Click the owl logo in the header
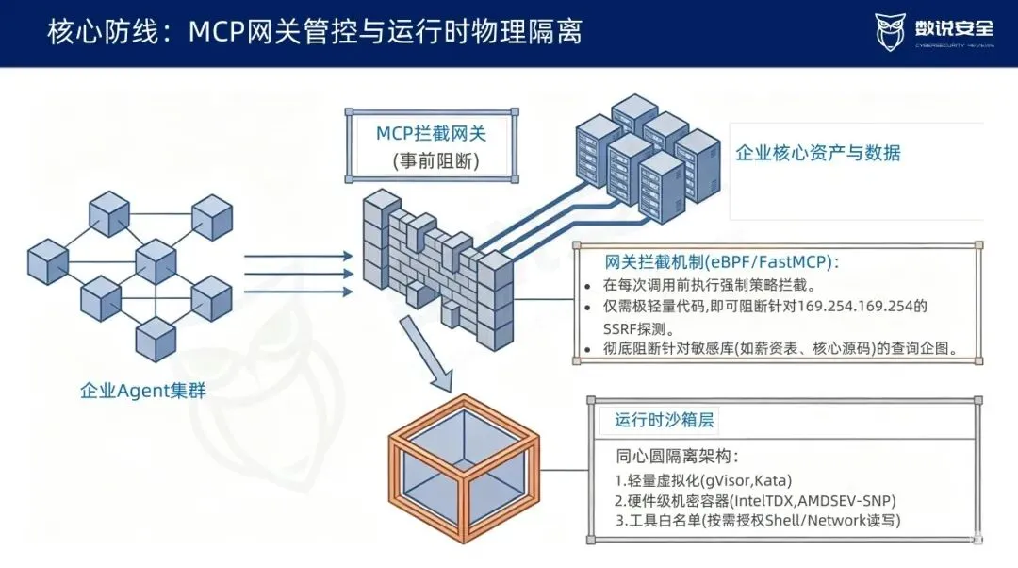[890, 30]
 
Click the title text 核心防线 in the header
[103, 31]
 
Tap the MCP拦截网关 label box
[432, 146]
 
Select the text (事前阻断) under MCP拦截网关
[435, 160]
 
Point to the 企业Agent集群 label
[143, 391]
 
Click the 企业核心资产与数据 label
[818, 153]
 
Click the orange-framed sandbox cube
[464, 468]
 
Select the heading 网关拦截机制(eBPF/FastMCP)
[722, 262]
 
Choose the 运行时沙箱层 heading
[665, 420]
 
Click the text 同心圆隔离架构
[677, 457]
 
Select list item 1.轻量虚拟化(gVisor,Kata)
[703, 481]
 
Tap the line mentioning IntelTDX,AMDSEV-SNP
[755, 501]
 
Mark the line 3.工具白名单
[758, 521]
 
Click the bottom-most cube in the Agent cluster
[156, 340]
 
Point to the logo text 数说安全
[954, 28]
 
